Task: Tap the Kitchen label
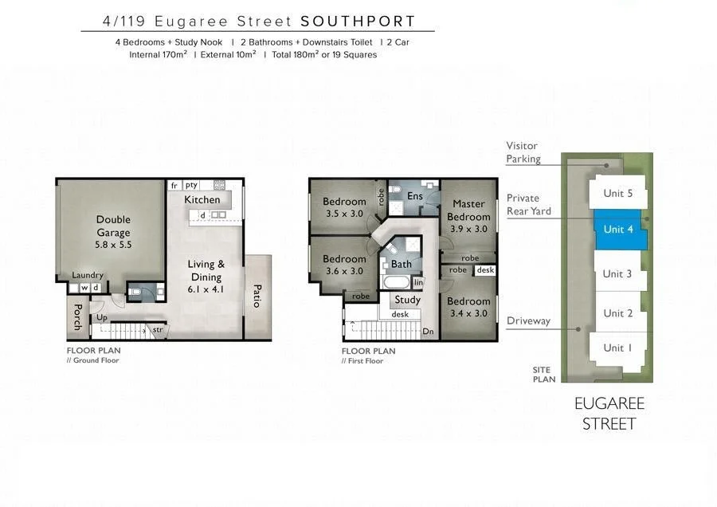click(202, 199)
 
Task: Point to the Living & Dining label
click(206, 271)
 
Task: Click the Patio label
click(257, 297)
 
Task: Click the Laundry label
click(88, 275)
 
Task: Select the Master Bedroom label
click(468, 210)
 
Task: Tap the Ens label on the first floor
click(415, 196)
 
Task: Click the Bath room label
click(402, 264)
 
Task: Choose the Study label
click(407, 300)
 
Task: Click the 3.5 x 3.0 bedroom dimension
click(344, 214)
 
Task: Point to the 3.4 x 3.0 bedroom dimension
click(468, 313)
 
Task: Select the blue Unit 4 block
click(619, 230)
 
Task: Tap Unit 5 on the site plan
click(618, 193)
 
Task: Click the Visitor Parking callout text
click(523, 152)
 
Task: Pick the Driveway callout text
click(528, 320)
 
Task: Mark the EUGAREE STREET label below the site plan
click(609, 414)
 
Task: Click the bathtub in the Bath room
click(396, 283)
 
